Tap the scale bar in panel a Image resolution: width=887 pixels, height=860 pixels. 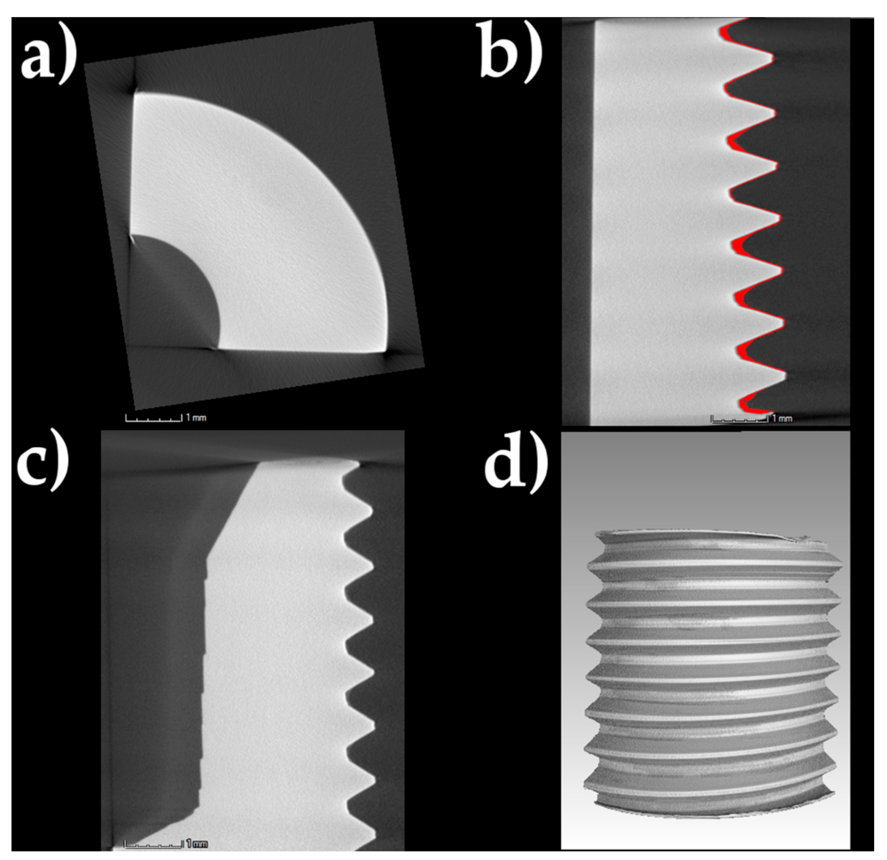pyautogui.click(x=154, y=419)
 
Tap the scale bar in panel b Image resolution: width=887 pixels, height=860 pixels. pyautogui.click(x=739, y=419)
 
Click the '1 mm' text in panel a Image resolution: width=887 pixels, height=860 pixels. pyautogui.click(x=196, y=418)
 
